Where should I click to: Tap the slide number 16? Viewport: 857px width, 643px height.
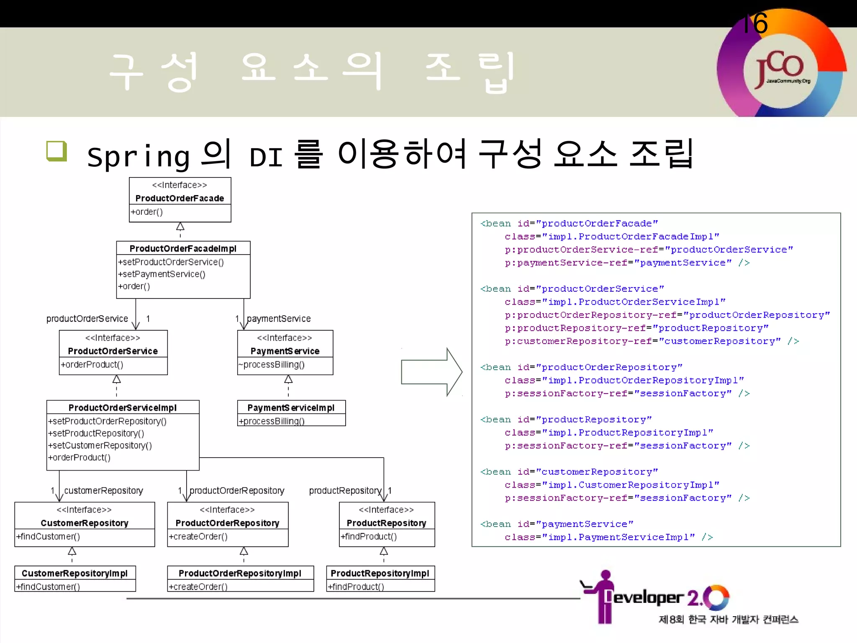pyautogui.click(x=755, y=23)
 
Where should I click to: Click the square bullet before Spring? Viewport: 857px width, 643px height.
pyautogui.click(x=56, y=151)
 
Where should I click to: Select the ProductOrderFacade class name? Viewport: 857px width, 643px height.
pyautogui.click(x=180, y=198)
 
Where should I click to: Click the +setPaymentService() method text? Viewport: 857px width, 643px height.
pyautogui.click(x=162, y=274)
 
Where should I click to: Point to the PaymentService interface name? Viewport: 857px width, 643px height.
pyautogui.click(x=285, y=351)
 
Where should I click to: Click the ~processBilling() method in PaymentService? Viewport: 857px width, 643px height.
pyautogui.click(x=272, y=365)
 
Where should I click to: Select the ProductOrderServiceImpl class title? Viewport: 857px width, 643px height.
pyautogui.click(x=122, y=408)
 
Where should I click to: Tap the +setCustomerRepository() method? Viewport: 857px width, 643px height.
pyautogui.click(x=100, y=445)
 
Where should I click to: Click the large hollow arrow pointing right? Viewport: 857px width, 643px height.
pyautogui.click(x=431, y=372)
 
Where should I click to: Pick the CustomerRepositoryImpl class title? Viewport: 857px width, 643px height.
pyautogui.click(x=74, y=574)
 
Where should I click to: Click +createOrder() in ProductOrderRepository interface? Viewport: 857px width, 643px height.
pyautogui.click(x=198, y=537)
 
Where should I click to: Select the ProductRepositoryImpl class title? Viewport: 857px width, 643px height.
pyautogui.click(x=380, y=574)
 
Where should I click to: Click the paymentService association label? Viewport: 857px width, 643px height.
pyautogui.click(x=279, y=319)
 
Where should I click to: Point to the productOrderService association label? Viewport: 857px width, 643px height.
pyautogui.click(x=87, y=319)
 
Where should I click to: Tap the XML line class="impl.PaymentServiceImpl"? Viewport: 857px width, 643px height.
pyautogui.click(x=608, y=537)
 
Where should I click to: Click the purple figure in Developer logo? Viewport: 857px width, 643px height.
pyautogui.click(x=603, y=597)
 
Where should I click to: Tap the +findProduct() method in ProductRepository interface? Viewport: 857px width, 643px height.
pyautogui.click(x=369, y=537)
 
